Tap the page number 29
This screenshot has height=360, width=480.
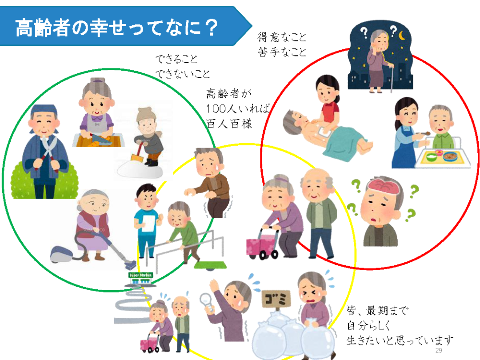point(439,351)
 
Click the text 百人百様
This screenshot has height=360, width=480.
point(229,123)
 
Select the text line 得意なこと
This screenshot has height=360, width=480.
point(283,37)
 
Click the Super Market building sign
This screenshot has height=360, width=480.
point(141,276)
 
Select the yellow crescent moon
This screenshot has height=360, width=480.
point(403,34)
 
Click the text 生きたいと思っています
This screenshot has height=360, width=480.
point(400,341)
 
